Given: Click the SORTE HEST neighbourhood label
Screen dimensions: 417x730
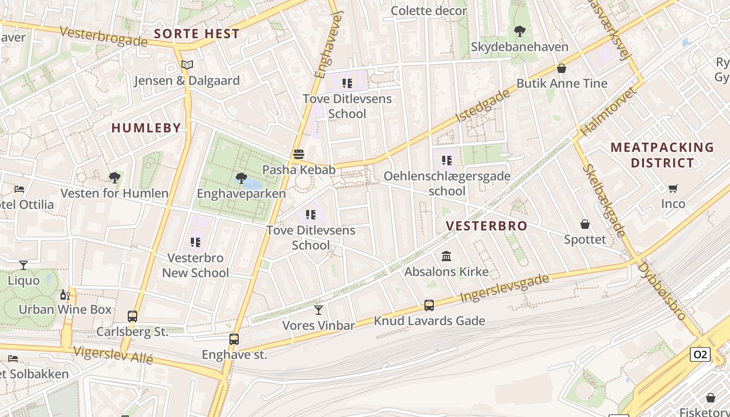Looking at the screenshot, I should click(197, 34).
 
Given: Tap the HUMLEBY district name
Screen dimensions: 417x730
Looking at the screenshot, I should click(146, 128).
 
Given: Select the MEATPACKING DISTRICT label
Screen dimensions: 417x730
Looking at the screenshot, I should click(662, 155).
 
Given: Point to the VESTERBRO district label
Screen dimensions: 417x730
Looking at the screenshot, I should click(487, 226).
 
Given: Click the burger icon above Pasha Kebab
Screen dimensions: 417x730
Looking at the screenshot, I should click(299, 154).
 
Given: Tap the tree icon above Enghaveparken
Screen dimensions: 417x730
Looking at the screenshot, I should click(241, 178).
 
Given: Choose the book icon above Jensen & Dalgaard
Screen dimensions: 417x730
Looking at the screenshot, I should click(187, 65).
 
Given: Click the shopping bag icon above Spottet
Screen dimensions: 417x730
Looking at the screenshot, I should click(585, 224).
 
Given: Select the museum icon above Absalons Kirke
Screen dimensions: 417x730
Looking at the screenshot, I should click(446, 256).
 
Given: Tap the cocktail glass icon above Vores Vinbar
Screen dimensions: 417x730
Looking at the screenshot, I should click(318, 310).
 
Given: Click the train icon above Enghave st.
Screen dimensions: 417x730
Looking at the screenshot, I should click(234, 339).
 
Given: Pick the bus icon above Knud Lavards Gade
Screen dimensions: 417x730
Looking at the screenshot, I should click(429, 305).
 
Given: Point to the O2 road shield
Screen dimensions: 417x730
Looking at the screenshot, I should click(700, 354).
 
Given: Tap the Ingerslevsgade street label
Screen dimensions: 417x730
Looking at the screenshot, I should click(505, 288).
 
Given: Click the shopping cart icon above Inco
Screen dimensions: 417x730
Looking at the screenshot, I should click(673, 188).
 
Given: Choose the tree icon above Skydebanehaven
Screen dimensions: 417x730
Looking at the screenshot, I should click(519, 31).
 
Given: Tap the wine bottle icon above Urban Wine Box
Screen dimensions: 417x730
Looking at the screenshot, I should click(65, 295).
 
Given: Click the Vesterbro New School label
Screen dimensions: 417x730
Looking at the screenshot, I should click(196, 265).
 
